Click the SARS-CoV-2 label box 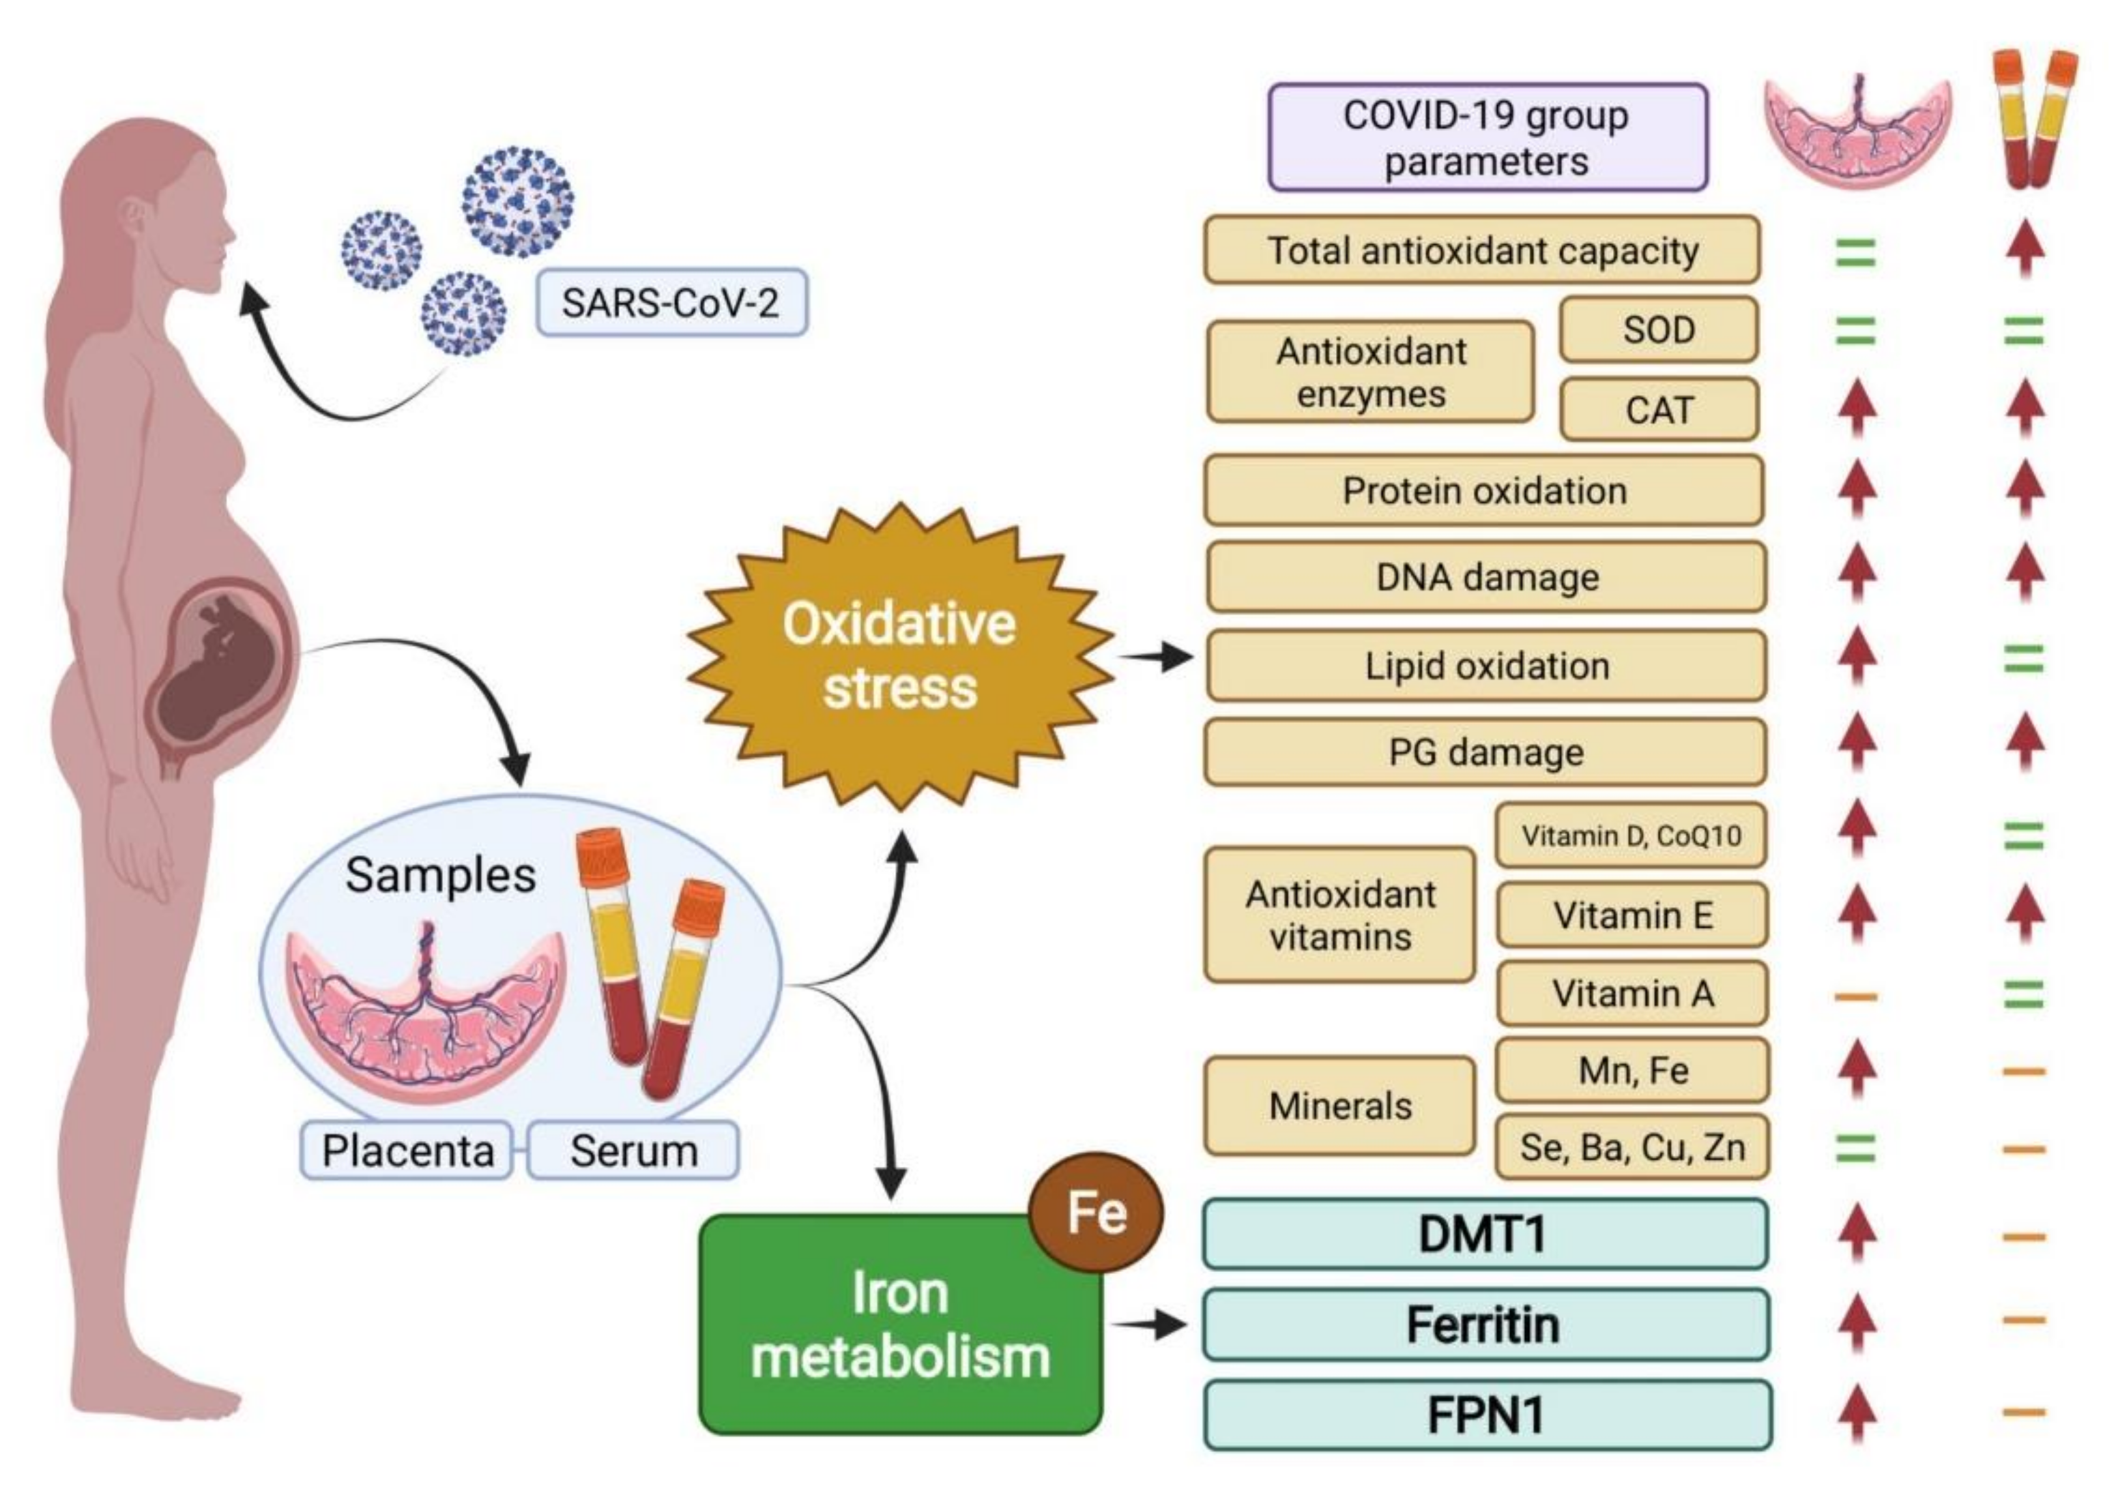pos(671,303)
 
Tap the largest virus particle pos(517,201)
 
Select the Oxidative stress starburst pos(899,657)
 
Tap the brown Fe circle pos(1096,1211)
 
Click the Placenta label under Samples pos(407,1150)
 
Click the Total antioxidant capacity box pos(1481,250)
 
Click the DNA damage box pos(1486,578)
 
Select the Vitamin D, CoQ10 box pos(1630,835)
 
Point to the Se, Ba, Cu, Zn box pos(1632,1147)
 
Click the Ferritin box pos(1484,1324)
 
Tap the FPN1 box pos(1486,1415)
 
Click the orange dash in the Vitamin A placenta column pos(1856,996)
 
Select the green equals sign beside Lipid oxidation pos(2023,660)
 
